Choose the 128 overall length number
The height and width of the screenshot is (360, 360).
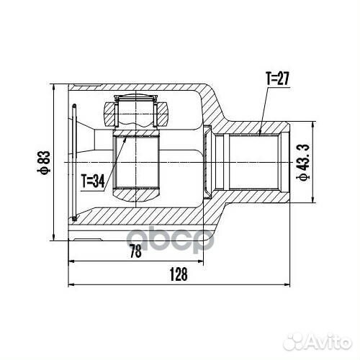(180, 274)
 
